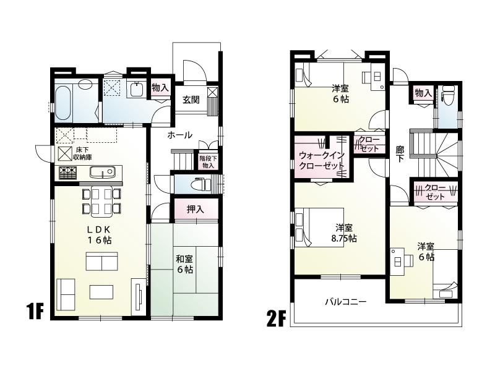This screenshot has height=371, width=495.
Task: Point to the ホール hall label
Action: (179, 135)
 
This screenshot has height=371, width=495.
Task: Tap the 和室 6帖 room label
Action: (184, 264)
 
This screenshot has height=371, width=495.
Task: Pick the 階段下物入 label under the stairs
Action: (207, 161)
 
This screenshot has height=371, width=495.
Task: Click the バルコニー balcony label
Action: (346, 302)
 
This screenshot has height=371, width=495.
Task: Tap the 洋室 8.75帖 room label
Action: (344, 232)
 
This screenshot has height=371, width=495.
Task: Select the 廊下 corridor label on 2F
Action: (400, 154)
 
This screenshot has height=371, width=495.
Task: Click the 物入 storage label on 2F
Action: (423, 93)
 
